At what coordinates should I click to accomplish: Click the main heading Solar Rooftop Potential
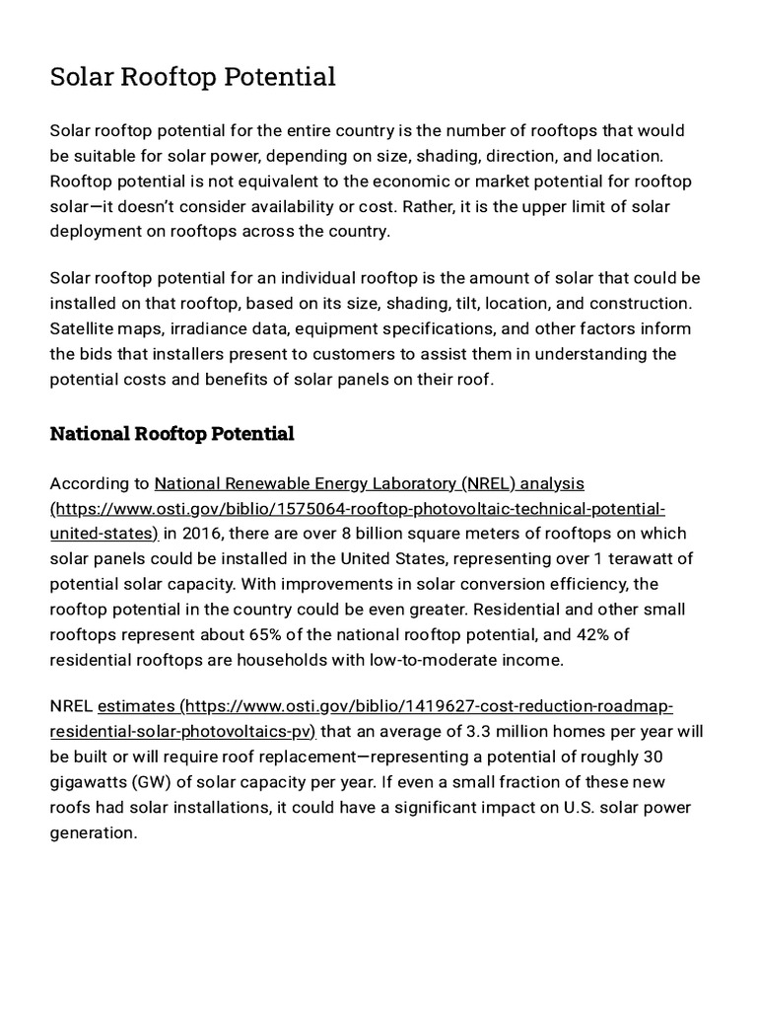tap(193, 77)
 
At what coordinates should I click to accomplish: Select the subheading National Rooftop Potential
tap(172, 433)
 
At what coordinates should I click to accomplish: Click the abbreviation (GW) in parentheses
tap(150, 782)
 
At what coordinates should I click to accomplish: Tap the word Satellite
tap(86, 328)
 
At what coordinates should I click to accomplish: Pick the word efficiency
tap(576, 584)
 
